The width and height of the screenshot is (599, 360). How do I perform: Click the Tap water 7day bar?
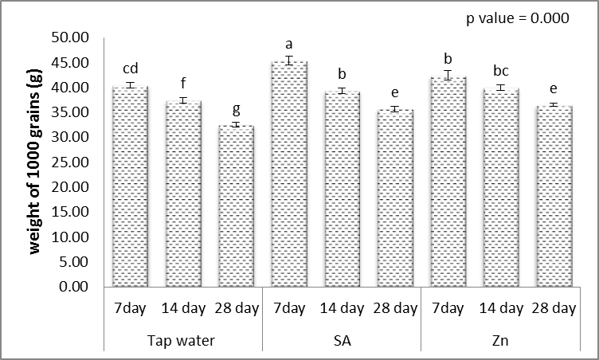coord(130,186)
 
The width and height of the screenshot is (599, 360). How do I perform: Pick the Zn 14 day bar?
coord(500,187)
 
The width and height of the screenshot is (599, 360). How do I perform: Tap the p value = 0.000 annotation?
coord(517,19)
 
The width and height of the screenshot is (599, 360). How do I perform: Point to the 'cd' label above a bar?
coord(130,69)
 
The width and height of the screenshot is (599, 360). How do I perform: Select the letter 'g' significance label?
coord(236,109)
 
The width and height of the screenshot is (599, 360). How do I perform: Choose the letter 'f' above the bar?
coord(183,85)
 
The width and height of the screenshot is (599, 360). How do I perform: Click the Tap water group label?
coord(182,342)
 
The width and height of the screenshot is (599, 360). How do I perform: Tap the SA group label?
coord(342,342)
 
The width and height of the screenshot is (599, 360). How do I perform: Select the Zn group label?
coord(500,342)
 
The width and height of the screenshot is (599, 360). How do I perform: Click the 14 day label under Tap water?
coord(182,307)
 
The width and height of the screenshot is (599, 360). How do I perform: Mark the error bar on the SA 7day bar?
coord(289,61)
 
